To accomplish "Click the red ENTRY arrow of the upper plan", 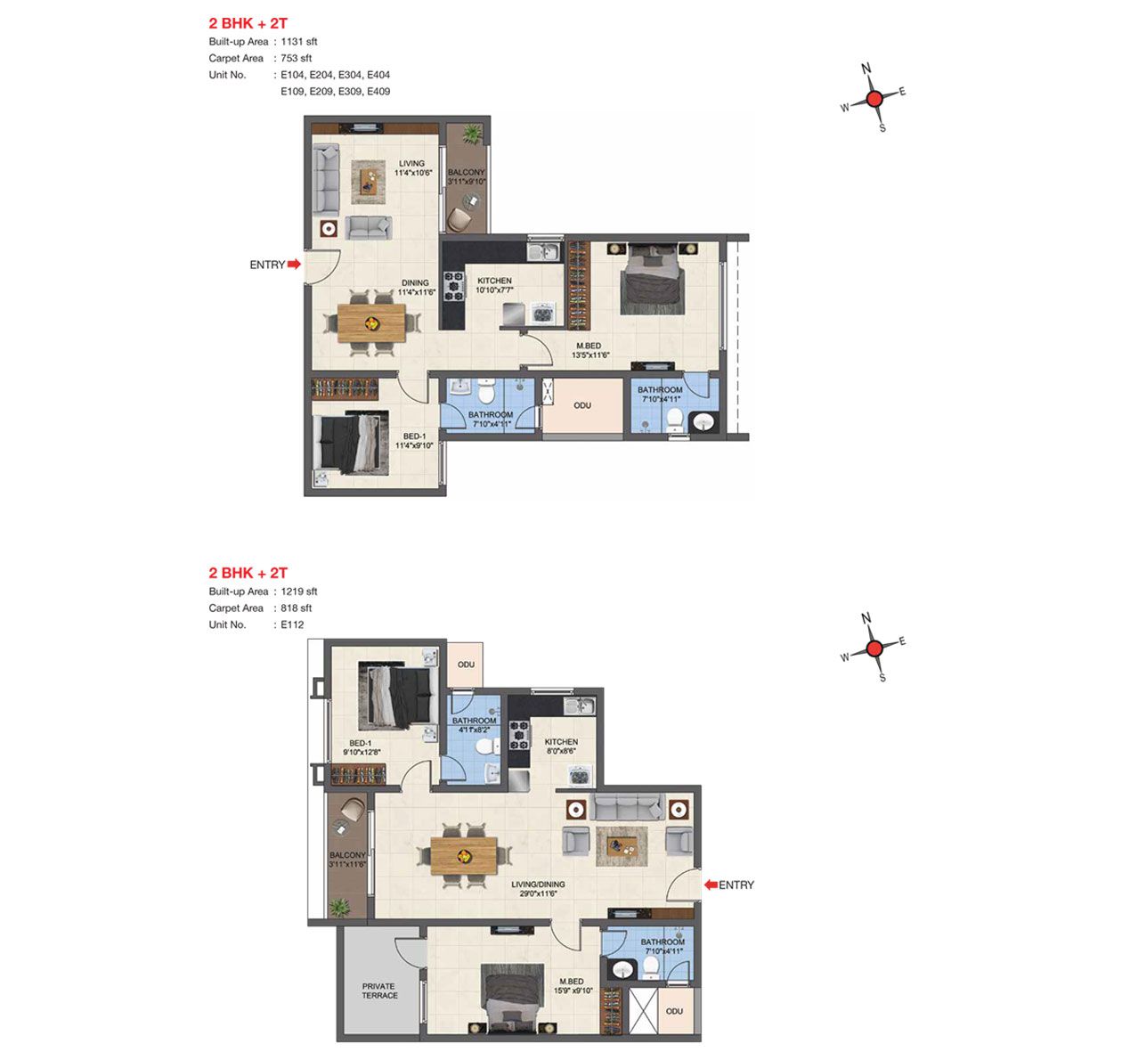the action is (x=294, y=264).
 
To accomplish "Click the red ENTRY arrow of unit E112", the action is (x=711, y=885).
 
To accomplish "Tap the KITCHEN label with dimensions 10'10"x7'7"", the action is (x=494, y=286).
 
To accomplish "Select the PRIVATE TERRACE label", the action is (x=379, y=991).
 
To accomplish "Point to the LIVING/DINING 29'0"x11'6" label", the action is (x=538, y=889).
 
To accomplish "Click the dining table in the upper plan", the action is (x=371, y=323).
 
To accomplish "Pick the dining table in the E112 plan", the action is (x=464, y=856).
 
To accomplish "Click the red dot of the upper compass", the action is (x=874, y=100).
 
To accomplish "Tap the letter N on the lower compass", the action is (x=866, y=618).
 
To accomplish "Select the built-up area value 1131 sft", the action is (x=299, y=41).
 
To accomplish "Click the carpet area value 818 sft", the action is (x=296, y=607).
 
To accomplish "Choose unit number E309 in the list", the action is (x=350, y=91).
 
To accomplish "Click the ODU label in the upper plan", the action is (x=582, y=405).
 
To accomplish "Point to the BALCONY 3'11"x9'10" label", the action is (x=467, y=176).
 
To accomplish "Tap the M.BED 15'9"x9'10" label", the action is (x=572, y=986).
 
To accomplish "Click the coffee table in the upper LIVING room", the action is (x=368, y=182).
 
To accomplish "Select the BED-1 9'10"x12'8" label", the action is (x=362, y=747).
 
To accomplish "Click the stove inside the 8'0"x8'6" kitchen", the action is (x=519, y=735).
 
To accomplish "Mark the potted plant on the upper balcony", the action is (x=472, y=134).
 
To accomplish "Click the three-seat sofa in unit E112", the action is (x=626, y=806).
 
